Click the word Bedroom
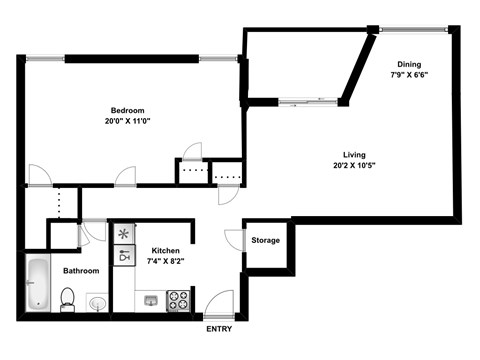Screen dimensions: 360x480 point(128,110)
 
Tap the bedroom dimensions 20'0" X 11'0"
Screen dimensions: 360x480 point(128,121)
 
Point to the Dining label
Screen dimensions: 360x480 point(410,63)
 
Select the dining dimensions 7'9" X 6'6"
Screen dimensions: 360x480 point(410,74)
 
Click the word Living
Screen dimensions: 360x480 point(354,154)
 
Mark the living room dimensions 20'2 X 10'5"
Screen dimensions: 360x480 point(354,165)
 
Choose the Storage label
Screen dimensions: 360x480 point(265,240)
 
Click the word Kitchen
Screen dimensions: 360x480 point(165,250)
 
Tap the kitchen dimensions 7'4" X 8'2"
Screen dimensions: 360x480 point(165,261)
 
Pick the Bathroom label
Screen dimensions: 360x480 point(80,271)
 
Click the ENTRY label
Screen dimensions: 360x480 point(219,329)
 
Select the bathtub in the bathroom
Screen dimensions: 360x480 point(38,283)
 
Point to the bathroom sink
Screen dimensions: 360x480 point(98,301)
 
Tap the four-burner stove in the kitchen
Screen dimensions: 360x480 point(179,299)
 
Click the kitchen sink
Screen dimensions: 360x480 point(150,299)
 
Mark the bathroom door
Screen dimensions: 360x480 point(95,231)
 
